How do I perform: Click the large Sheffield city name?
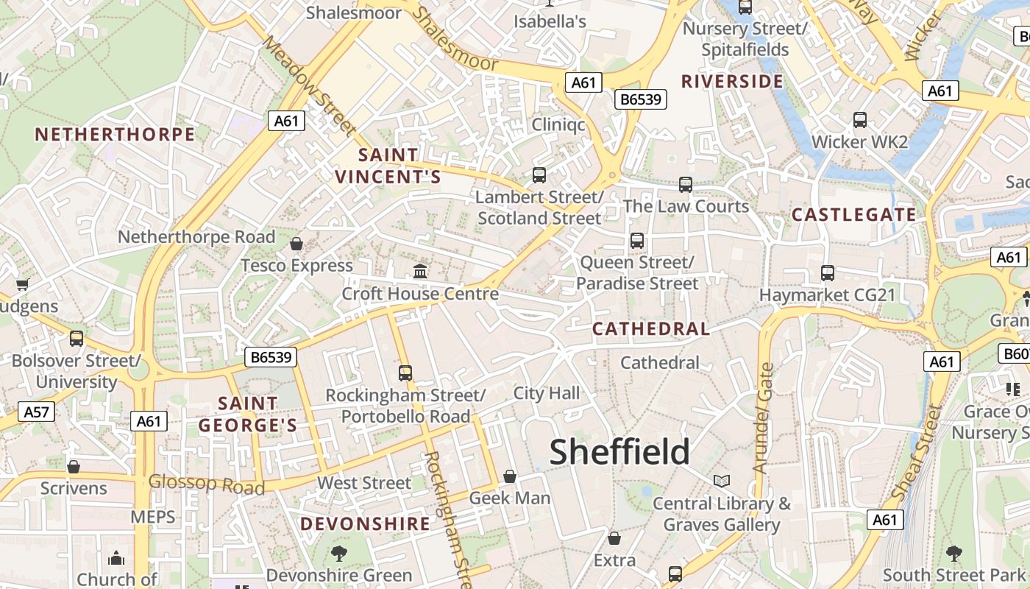point(619,451)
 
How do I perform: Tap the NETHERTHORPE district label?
point(115,134)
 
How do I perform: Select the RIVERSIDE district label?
point(732,81)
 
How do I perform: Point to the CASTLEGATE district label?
point(854,215)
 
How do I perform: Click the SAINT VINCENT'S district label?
point(388,166)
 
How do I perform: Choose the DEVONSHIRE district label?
point(365,524)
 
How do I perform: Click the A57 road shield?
point(36,412)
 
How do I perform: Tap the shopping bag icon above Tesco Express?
point(296,244)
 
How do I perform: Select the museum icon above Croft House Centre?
point(420,271)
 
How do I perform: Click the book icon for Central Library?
point(722,481)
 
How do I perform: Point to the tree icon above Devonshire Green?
point(339,553)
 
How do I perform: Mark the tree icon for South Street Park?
point(953,552)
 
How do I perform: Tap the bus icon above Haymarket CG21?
point(828,273)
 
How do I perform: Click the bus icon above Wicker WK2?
point(859,120)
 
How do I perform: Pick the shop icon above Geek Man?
point(510,476)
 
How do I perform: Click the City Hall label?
point(547,393)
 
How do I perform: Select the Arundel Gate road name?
point(763,417)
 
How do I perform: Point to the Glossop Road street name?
point(206,484)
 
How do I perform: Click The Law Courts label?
point(686,206)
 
